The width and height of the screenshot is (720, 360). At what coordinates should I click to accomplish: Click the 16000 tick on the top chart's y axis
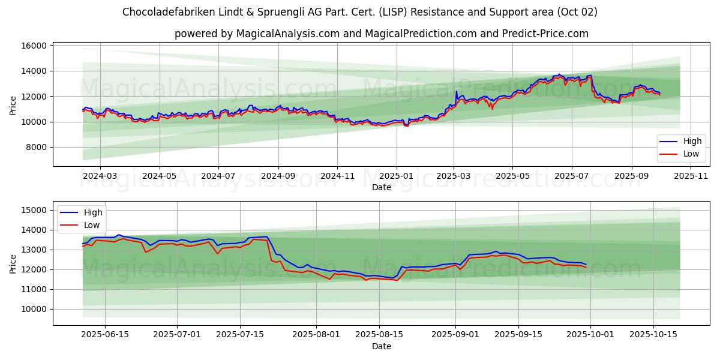35,46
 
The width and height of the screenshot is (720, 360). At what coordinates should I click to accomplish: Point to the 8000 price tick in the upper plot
37,147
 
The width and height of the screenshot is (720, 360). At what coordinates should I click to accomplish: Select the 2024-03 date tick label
100,176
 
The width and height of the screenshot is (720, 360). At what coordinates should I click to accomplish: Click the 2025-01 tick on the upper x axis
396,176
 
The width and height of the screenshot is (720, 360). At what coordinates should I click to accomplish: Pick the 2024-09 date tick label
278,176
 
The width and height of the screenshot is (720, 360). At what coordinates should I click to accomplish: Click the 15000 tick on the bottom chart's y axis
35,210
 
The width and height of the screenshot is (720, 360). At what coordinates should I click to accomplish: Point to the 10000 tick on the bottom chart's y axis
35,309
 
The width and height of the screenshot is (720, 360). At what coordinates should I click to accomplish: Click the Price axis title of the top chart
13,105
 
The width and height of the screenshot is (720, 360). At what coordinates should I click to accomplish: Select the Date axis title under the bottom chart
381,346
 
